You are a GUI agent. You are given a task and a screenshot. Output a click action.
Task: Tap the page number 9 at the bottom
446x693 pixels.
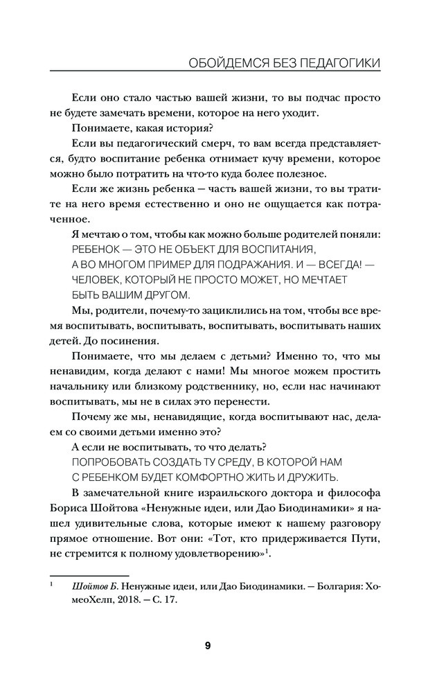[208, 646]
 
